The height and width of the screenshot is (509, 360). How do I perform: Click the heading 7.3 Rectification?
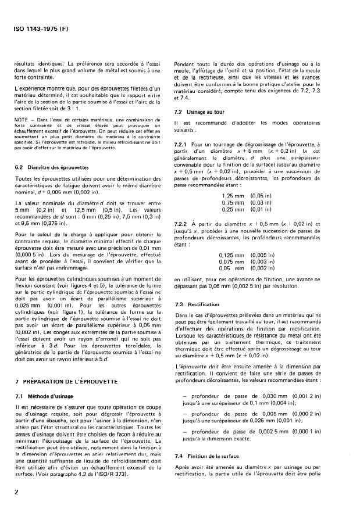click(x=198, y=304)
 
